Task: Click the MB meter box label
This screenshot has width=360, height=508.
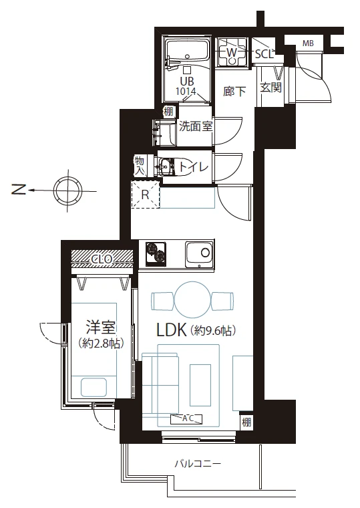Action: (x=308, y=43)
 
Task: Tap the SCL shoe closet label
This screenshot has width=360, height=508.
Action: (x=264, y=53)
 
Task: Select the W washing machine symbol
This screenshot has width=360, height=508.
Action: (x=232, y=52)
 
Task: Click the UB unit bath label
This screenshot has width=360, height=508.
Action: (x=186, y=81)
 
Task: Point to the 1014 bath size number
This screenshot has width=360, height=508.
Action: (x=186, y=91)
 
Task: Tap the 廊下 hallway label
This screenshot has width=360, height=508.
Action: (x=234, y=92)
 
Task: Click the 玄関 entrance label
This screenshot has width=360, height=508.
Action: (x=271, y=88)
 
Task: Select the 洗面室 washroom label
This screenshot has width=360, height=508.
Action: (x=196, y=126)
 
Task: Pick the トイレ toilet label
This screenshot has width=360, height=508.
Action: (x=193, y=167)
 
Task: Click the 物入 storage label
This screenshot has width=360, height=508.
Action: (x=139, y=166)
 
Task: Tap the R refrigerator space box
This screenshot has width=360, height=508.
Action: (x=146, y=195)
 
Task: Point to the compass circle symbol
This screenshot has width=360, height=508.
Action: (x=68, y=190)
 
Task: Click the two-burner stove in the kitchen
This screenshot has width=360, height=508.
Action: (x=156, y=253)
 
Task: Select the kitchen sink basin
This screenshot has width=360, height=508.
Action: (x=199, y=254)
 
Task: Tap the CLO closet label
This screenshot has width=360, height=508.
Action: (x=102, y=259)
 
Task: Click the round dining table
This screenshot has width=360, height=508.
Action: (x=193, y=299)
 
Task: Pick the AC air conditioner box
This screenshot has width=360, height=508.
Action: (x=186, y=419)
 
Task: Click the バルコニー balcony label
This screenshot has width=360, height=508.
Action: (x=198, y=465)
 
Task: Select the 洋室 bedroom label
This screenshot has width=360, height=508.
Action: (x=101, y=327)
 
